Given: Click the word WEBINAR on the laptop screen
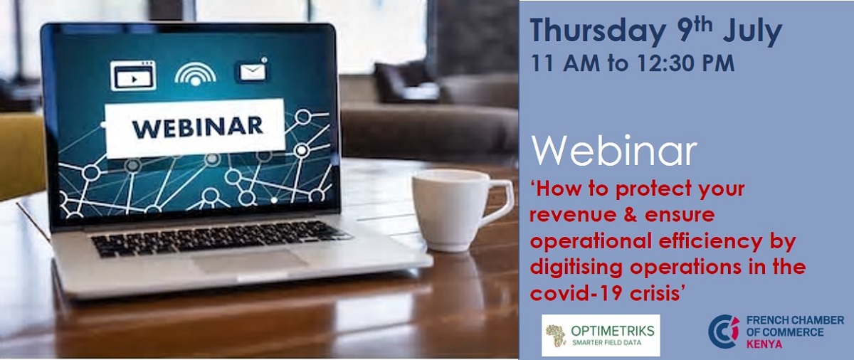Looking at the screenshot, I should coord(197,128).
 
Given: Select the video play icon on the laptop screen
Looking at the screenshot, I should coord(133,75).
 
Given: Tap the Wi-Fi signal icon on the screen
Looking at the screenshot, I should coord(195,73).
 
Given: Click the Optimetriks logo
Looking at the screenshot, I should coord(601,335).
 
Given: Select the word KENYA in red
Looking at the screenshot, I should coord(764,344).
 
